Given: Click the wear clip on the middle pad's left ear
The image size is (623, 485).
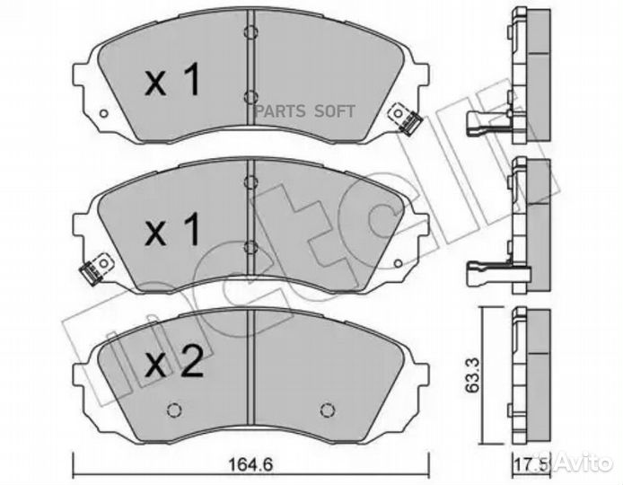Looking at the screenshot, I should tap(91, 267).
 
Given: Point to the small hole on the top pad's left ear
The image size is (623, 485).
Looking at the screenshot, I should tap(104, 114).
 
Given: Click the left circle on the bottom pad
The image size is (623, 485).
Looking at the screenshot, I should tap(174, 412).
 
